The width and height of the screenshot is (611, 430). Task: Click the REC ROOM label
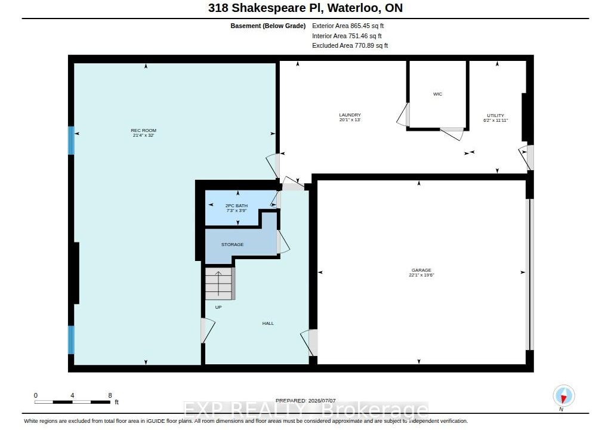143,130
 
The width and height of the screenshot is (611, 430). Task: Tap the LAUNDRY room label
350,115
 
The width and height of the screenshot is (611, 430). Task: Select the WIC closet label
437,94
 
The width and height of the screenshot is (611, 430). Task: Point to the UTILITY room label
496,115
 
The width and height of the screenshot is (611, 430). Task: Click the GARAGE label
421,270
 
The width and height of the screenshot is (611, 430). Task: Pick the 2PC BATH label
236,205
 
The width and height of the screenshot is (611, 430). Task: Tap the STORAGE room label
232,244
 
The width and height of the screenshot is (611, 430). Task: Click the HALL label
268,323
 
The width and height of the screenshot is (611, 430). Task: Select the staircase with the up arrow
220,283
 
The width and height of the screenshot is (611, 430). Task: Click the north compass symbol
563,396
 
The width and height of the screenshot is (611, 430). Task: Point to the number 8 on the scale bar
110,395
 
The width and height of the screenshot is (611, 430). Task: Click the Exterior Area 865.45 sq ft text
348,26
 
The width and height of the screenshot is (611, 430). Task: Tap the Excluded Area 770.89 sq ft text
350,45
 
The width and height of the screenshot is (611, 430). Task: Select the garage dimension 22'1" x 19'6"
421,275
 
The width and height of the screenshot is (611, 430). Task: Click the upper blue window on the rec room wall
72,140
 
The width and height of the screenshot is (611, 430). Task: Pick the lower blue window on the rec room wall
72,340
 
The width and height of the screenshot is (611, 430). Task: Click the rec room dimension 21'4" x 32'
143,136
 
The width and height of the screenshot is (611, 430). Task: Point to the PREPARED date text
305,400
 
